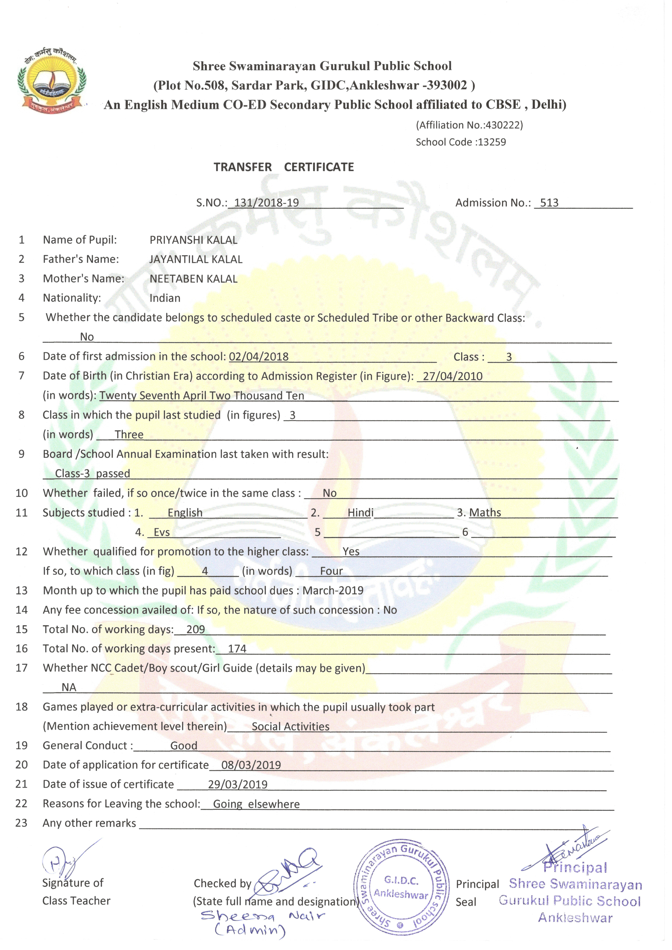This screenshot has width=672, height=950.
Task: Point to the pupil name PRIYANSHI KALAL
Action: (193, 240)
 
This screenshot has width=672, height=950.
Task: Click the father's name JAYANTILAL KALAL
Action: (196, 259)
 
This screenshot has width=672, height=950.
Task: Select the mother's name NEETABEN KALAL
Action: (193, 279)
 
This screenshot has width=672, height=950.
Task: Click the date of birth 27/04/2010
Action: (453, 376)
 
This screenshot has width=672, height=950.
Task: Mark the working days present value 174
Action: (237, 649)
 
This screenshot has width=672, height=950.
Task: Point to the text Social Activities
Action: (290, 727)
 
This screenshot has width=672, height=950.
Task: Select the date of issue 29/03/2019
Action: (238, 784)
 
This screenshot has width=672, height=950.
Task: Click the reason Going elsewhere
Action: (256, 804)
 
